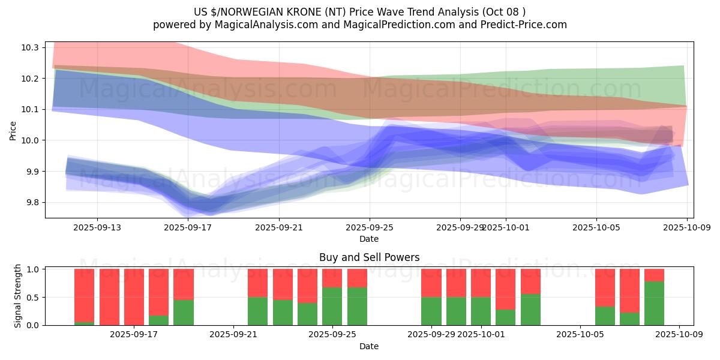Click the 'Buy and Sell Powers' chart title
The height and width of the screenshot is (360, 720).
click(x=369, y=257)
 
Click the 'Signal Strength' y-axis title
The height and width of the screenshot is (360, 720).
click(x=18, y=296)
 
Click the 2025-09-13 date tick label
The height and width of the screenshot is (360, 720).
click(x=97, y=228)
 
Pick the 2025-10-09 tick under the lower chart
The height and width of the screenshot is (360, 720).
click(x=679, y=335)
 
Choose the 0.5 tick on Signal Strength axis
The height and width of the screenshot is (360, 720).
click(x=34, y=297)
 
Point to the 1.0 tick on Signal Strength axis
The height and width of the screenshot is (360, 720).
click(x=34, y=269)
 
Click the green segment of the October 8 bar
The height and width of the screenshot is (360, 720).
click(x=654, y=303)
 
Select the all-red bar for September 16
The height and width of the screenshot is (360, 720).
click(x=109, y=297)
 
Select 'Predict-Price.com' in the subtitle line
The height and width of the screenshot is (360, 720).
click(x=526, y=25)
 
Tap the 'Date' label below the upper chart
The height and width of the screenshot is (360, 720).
click(x=369, y=239)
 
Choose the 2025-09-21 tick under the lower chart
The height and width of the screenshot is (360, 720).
click(x=232, y=335)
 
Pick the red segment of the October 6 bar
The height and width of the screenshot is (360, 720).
click(x=605, y=287)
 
